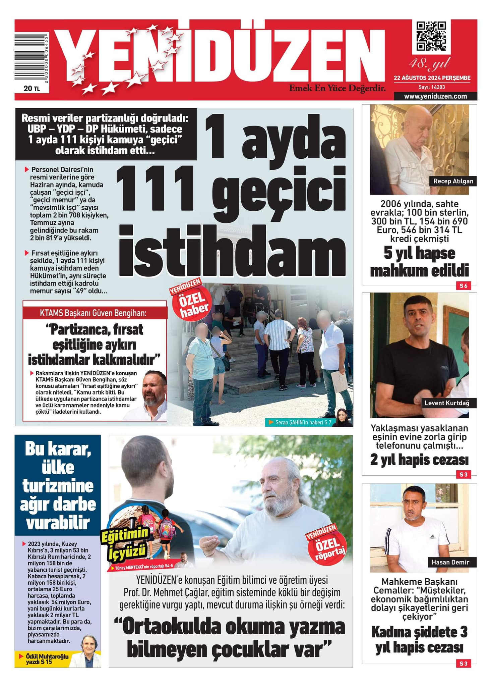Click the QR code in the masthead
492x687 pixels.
pos(431,36)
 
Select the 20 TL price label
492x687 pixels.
pos(32,88)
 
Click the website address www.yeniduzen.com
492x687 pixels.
pos(435,96)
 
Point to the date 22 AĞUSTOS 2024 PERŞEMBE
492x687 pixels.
pos(432,78)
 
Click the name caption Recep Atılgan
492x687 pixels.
pos(453,181)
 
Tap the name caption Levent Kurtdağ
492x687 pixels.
pos(447,403)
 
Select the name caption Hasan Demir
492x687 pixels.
pos(450,562)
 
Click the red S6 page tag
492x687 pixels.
pos(463,286)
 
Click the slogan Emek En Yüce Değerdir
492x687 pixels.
pos(337,89)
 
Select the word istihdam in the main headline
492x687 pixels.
pos(231,250)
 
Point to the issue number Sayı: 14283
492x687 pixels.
pos(432,87)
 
